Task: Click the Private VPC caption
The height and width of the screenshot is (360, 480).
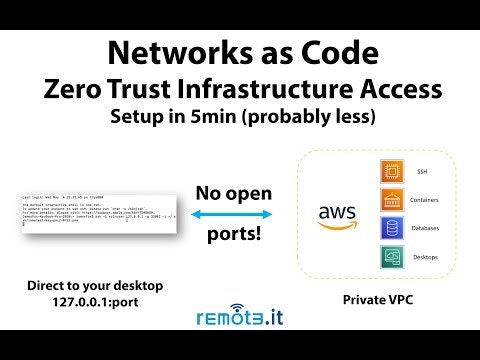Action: tap(378, 299)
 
